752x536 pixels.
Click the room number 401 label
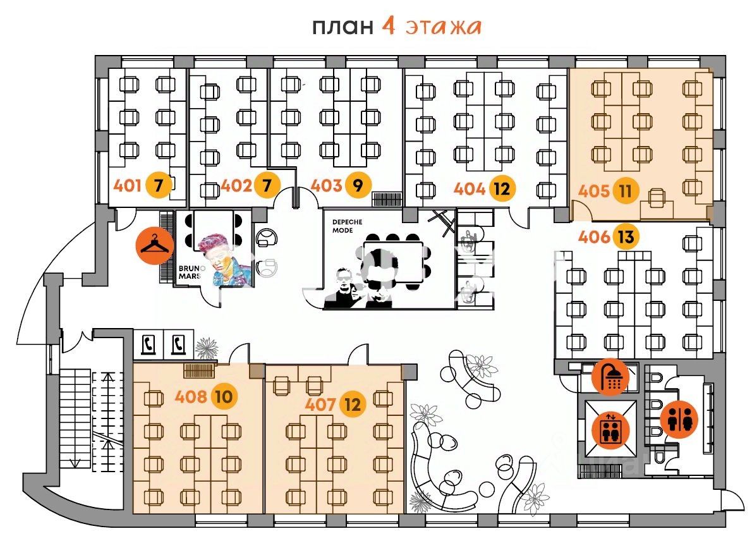pyautogui.click(x=126, y=186)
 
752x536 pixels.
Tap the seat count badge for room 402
pyautogui.click(x=267, y=186)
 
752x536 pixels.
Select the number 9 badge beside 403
pyautogui.click(x=358, y=186)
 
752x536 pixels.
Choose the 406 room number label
pyautogui.click(x=594, y=238)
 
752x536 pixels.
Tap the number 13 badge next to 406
pyautogui.click(x=626, y=238)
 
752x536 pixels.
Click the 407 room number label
pyautogui.click(x=320, y=404)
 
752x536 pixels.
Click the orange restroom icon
pyautogui.click(x=680, y=420)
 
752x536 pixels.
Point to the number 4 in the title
pyautogui.click(x=389, y=27)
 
